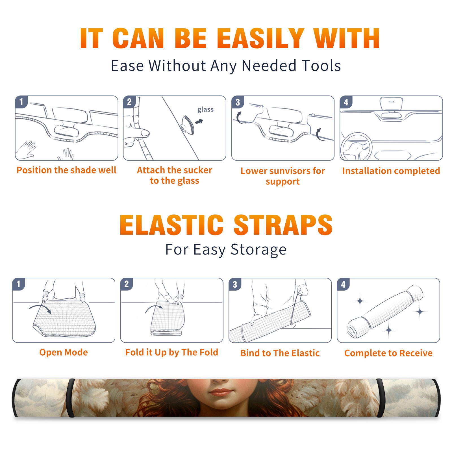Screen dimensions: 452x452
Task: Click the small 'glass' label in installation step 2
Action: (x=205, y=109)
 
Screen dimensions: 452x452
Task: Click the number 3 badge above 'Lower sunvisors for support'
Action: (x=238, y=102)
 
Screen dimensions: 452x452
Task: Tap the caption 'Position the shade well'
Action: (x=66, y=170)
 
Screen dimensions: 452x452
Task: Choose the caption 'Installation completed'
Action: (x=391, y=171)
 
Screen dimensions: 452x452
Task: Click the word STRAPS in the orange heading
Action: (x=283, y=225)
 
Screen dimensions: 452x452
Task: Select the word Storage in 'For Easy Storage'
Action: (x=258, y=250)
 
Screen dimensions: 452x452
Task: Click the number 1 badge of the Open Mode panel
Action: (x=19, y=284)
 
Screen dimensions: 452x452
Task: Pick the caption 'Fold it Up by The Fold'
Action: (x=172, y=352)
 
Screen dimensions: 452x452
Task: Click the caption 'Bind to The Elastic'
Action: (x=280, y=353)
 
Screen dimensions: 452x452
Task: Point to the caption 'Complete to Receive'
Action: (x=388, y=353)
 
